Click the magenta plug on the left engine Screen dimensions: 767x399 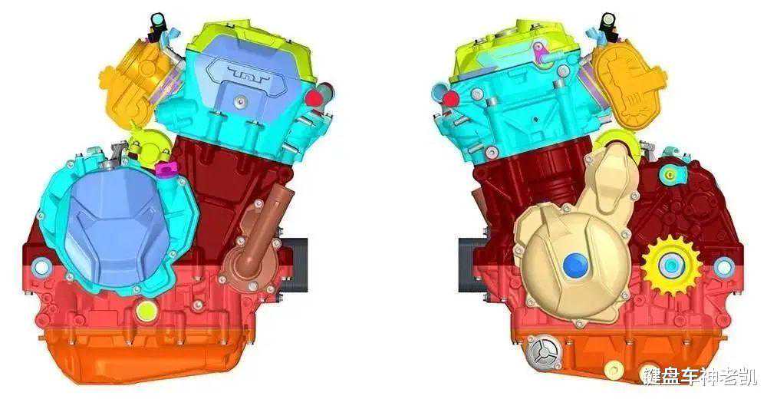(166, 169)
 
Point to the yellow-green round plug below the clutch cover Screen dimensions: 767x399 (146, 310)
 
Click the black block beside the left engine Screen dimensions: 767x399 (295, 265)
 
